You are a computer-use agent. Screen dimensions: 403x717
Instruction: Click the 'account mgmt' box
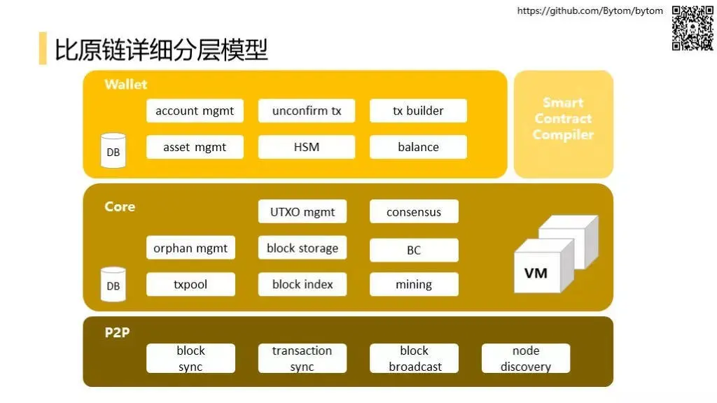(195, 111)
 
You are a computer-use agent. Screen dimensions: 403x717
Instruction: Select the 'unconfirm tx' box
(307, 111)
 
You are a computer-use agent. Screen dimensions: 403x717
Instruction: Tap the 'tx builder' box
(418, 111)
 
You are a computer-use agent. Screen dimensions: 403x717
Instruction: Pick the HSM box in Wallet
(307, 147)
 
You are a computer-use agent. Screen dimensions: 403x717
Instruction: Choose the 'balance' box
(418, 147)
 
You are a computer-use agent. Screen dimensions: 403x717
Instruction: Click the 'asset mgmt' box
(195, 147)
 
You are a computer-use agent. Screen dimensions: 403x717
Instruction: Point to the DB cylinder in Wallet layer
(113, 151)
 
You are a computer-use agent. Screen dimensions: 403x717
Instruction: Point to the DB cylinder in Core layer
(113, 285)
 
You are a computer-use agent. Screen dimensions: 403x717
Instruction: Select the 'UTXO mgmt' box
(302, 211)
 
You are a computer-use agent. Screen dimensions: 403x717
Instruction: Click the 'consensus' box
(414, 211)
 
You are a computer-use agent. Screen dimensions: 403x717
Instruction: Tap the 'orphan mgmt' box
(190, 248)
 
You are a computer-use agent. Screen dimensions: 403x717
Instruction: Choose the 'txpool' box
(190, 284)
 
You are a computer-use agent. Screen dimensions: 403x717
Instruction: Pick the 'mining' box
(414, 284)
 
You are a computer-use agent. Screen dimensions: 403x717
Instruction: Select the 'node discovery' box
(526, 358)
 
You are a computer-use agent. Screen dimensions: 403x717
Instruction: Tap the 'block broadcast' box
(415, 358)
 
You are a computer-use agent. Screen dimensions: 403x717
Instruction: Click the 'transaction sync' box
(302, 358)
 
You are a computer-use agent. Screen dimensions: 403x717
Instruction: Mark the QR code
(692, 28)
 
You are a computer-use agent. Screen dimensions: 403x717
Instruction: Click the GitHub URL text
(590, 10)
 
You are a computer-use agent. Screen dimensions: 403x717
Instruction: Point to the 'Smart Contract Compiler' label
(563, 119)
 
